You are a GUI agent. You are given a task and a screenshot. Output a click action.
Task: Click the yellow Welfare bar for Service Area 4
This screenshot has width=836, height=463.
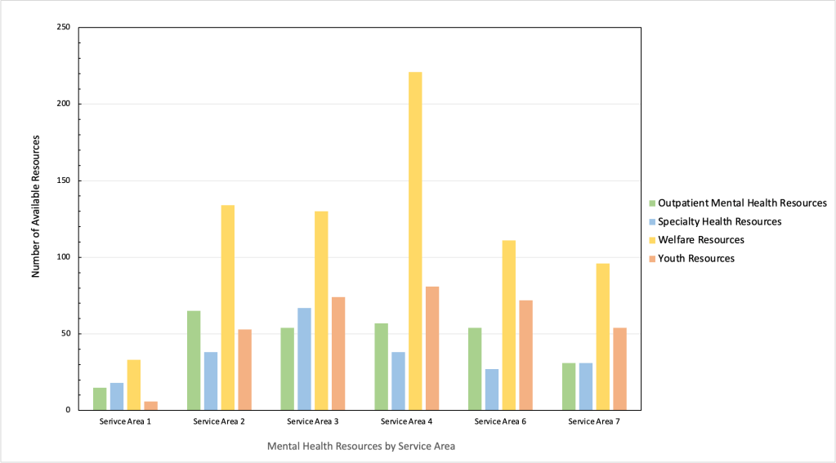[x=415, y=241]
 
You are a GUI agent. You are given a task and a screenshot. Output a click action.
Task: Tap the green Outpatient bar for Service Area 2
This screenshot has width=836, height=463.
[x=194, y=360]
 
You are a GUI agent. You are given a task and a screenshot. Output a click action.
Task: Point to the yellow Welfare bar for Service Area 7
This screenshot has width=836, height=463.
[x=602, y=336]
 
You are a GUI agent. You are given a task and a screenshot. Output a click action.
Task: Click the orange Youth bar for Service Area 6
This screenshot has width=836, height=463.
[x=525, y=355]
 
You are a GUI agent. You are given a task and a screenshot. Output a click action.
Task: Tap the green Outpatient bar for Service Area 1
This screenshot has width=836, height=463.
[x=100, y=398]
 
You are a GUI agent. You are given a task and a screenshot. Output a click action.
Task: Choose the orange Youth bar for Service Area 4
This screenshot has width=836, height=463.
[x=432, y=348]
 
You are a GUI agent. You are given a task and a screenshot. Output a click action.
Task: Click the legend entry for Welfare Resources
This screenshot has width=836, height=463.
[x=700, y=240]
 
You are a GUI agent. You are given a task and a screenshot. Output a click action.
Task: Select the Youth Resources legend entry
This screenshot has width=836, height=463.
[x=695, y=259]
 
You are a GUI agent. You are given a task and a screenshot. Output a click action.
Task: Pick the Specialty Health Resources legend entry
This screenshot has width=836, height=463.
[x=719, y=221]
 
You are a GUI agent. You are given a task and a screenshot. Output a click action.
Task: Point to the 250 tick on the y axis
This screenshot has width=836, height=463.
[x=63, y=28]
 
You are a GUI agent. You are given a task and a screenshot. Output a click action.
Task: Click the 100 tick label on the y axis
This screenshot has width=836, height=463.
[x=63, y=257]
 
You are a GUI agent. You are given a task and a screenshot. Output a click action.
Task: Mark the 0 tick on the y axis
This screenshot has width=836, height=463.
[x=69, y=410]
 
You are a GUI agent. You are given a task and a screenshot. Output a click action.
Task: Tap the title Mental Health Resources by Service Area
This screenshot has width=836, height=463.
[x=360, y=447]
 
